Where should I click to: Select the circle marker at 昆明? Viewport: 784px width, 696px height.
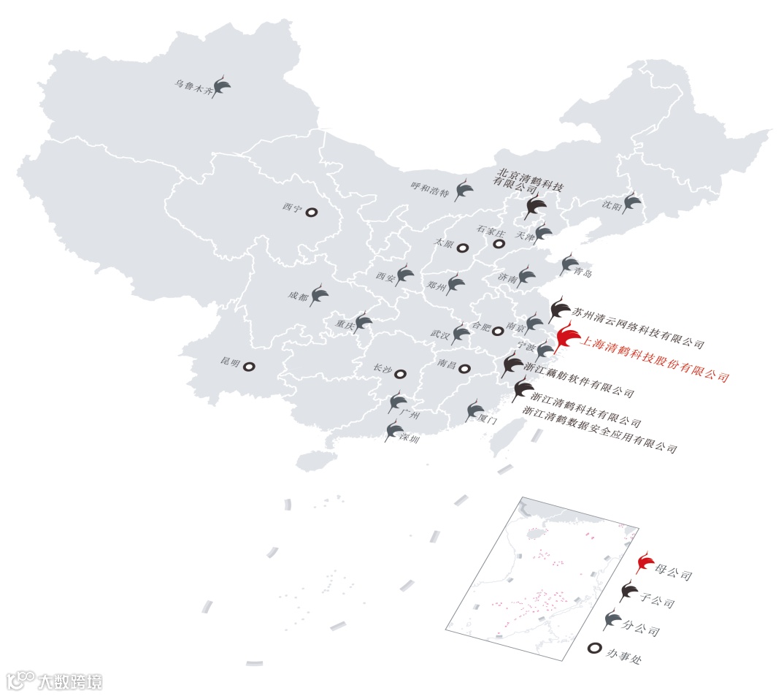(x=249, y=367)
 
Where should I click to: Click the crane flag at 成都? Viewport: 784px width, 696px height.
(x=320, y=296)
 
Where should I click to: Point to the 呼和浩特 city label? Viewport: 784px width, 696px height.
(x=430, y=190)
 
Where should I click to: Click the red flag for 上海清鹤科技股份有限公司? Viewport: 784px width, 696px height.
(x=566, y=338)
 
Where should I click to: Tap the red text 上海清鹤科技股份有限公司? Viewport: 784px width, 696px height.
(x=653, y=358)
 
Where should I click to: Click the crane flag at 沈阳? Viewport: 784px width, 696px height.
(x=632, y=203)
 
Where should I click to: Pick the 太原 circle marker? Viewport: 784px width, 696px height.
(x=462, y=248)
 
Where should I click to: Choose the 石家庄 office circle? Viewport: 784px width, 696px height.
(x=499, y=244)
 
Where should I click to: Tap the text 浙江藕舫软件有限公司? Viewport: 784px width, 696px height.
(x=579, y=380)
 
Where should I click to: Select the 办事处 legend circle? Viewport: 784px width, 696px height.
(x=595, y=648)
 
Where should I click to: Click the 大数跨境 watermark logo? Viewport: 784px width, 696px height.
(x=54, y=681)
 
